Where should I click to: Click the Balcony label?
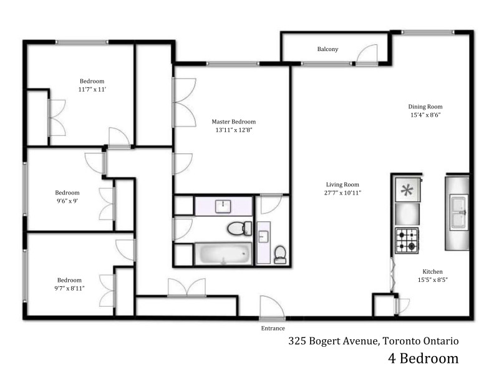click(x=327, y=49)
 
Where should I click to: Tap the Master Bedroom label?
click(x=233, y=122)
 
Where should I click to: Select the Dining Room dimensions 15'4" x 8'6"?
click(x=425, y=115)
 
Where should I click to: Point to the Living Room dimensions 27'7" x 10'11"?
click(x=342, y=193)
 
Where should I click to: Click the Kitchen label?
click(x=432, y=271)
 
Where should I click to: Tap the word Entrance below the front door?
click(x=273, y=328)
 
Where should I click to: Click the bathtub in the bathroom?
click(x=223, y=254)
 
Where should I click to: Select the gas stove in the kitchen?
click(x=407, y=241)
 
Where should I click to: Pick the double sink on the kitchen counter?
click(x=458, y=212)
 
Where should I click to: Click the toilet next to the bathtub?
click(x=240, y=228)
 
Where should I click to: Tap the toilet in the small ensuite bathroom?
click(x=280, y=254)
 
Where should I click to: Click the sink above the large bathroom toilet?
click(x=223, y=206)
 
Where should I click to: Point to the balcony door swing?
click(x=367, y=54)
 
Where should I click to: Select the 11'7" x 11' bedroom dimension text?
click(x=92, y=89)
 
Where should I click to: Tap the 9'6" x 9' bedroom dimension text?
click(x=67, y=201)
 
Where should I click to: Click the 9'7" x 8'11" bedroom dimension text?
click(x=69, y=288)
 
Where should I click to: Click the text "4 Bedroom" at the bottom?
click(x=424, y=358)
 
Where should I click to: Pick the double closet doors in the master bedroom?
click(x=184, y=102)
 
